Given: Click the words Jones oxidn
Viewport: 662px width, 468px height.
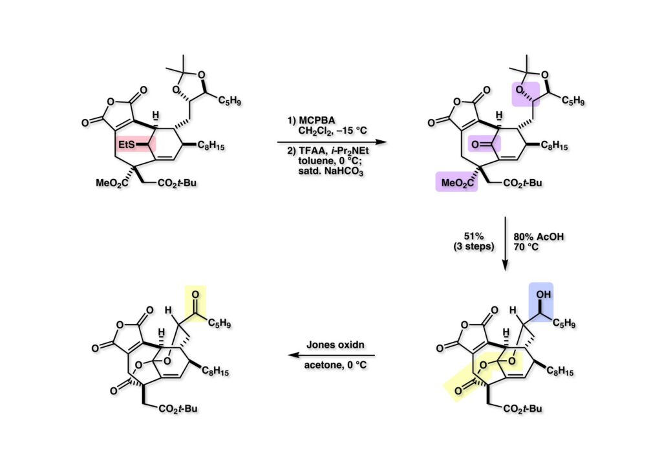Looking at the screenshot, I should coord(332,345).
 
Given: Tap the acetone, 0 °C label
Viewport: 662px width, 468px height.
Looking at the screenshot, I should coord(332,367).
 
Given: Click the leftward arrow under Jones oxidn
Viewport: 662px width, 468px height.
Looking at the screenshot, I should coord(331,356).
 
